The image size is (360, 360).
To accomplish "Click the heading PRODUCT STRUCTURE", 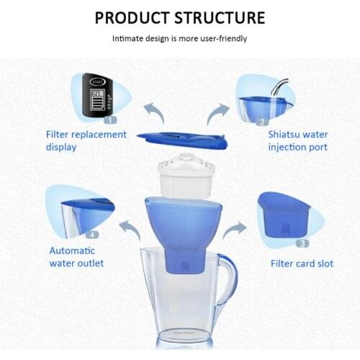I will (180, 17).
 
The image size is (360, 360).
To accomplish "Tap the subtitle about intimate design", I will (179, 38).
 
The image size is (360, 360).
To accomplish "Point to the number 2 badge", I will (263, 122).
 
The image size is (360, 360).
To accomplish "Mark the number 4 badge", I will (91, 234).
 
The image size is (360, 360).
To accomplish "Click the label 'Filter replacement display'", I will (86, 141).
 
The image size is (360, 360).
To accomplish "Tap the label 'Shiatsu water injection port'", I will (297, 141).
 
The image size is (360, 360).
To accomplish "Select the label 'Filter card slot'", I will (302, 264).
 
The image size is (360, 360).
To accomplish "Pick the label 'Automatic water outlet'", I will (76, 257).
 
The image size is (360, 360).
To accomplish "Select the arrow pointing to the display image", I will (153, 111).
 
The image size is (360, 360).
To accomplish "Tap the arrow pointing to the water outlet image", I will (130, 230).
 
